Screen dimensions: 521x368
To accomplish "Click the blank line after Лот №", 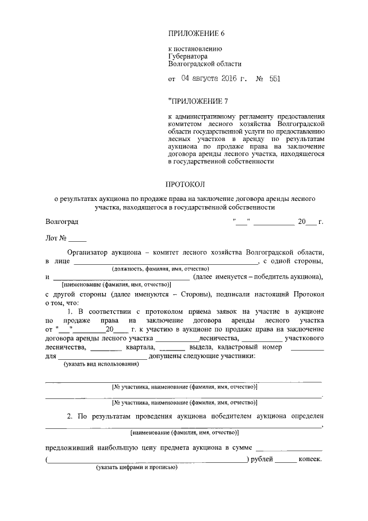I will pyautogui.click(x=77, y=238).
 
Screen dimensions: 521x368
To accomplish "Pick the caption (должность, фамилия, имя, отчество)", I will pyautogui.click(x=160, y=269).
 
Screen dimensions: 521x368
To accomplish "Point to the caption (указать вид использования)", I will pyautogui.click(x=96, y=364).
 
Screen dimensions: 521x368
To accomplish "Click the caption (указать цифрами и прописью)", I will pyautogui.click(x=136, y=467).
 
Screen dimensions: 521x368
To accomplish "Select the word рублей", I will pyautogui.click(x=262, y=459).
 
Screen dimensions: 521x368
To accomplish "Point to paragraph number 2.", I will pyautogui.click(x=69, y=416).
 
